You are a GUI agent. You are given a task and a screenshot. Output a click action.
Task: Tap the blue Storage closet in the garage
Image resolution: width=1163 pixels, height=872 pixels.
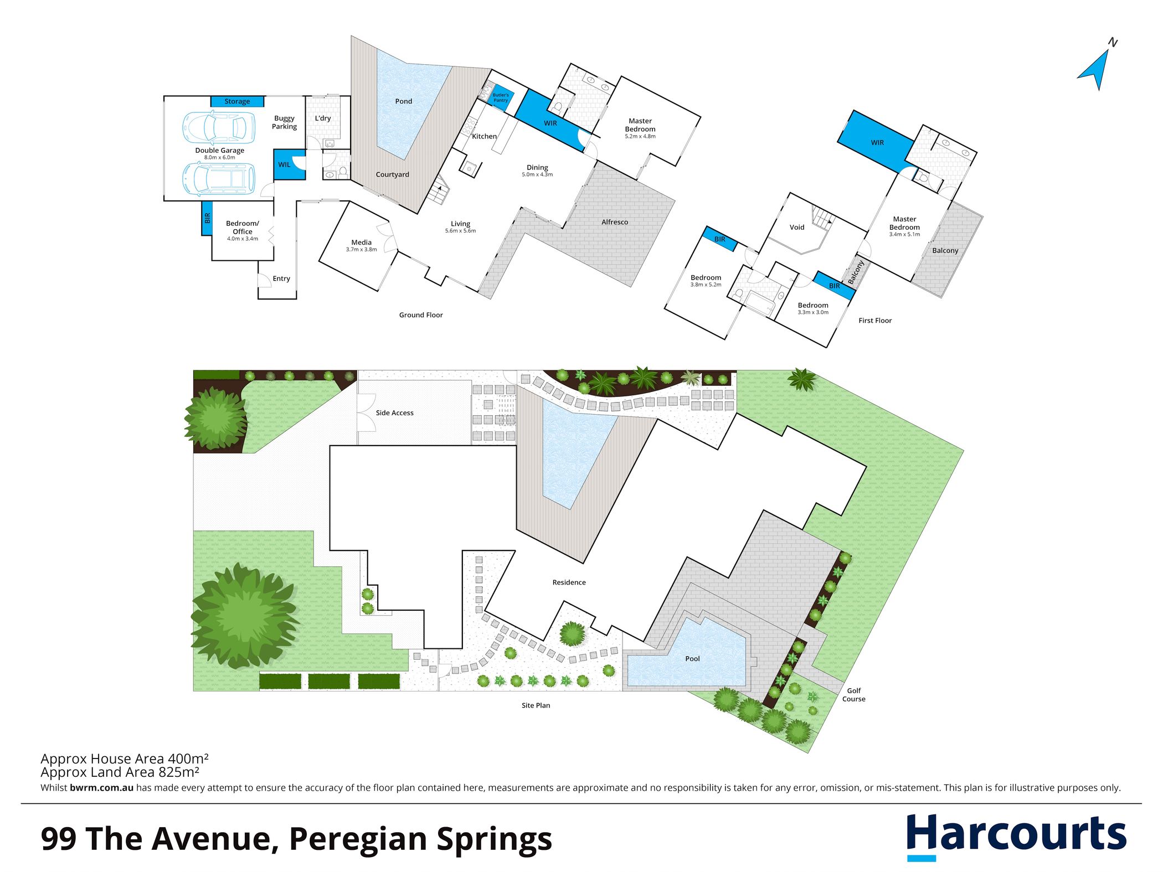(237, 101)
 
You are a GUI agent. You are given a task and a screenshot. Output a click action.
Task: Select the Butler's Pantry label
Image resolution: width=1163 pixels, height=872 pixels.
(501, 97)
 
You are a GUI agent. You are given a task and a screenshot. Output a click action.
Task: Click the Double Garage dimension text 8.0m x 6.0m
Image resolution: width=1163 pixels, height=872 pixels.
(220, 158)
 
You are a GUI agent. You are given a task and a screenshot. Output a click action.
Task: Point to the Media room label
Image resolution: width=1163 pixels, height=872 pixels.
(362, 242)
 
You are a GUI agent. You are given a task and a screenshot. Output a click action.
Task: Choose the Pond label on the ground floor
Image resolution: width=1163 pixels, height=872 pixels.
(404, 101)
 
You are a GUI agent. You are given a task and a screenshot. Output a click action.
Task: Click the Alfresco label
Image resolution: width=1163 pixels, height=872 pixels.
(615, 222)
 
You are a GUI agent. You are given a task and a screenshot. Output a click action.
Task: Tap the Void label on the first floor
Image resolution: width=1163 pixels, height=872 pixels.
(797, 227)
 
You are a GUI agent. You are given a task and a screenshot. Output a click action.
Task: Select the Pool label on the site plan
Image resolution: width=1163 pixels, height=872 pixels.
(692, 658)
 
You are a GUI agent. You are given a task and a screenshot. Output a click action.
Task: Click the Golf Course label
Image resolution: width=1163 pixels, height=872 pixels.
(853, 695)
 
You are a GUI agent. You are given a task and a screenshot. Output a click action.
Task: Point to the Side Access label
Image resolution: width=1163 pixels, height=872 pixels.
(394, 412)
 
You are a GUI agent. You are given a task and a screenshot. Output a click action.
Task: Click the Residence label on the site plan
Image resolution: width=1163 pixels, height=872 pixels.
(569, 582)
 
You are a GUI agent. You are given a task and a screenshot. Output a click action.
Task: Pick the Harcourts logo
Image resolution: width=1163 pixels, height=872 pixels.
(1016, 836)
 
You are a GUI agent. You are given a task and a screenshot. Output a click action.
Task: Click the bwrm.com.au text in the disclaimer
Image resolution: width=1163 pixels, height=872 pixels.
(102, 788)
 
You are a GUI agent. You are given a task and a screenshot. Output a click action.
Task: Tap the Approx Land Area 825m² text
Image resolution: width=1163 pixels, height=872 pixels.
(120, 772)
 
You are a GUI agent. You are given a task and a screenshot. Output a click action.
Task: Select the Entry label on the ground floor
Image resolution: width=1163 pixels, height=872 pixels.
(281, 278)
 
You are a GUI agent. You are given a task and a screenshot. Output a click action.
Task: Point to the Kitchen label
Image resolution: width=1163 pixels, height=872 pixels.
(485, 136)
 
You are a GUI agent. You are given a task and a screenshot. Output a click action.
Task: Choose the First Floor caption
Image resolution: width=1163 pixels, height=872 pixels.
(875, 321)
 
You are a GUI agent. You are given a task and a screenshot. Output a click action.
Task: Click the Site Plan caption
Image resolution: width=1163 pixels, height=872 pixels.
(536, 705)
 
